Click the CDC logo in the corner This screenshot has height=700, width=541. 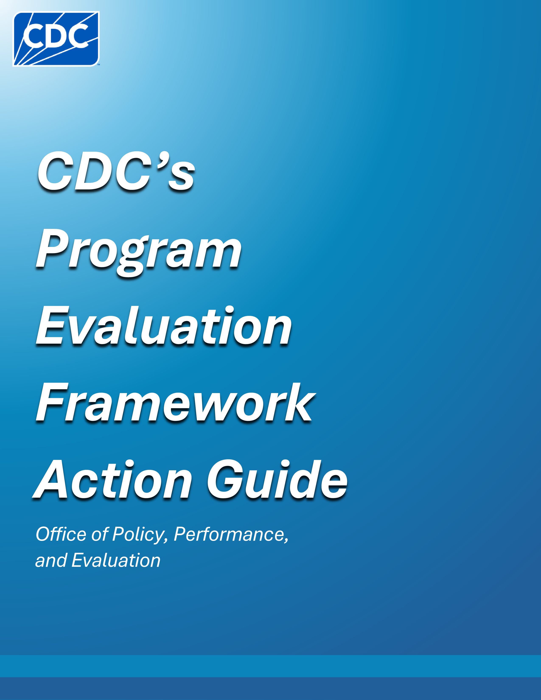(x=56, y=39)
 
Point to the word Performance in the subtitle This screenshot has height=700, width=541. (x=231, y=535)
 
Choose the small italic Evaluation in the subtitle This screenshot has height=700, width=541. (x=116, y=561)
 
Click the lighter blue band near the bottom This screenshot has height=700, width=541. (x=270, y=666)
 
